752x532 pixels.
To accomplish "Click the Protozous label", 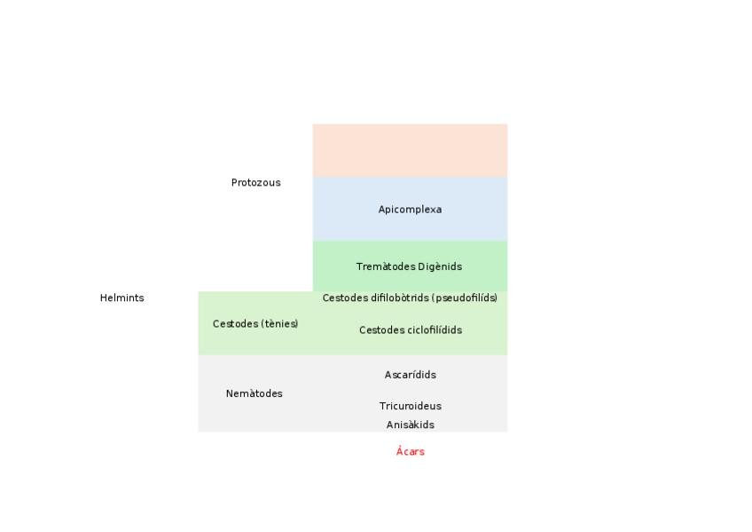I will pyautogui.click(x=255, y=183).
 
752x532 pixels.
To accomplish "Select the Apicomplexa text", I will pyautogui.click(x=410, y=210).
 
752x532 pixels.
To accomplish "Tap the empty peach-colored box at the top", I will pyautogui.click(x=410, y=150).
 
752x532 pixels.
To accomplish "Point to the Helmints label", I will pyautogui.click(x=121, y=298).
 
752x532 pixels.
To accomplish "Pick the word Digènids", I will pyautogui.click(x=440, y=266).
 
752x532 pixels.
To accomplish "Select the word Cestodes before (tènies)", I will pyautogui.click(x=233, y=324).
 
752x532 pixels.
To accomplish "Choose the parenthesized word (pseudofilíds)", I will pyautogui.click(x=465, y=298).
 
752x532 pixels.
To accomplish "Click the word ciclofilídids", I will pyautogui.click(x=434, y=330).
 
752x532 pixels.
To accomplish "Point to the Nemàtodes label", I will pyautogui.click(x=254, y=393).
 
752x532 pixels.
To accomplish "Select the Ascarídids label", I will pyautogui.click(x=410, y=375).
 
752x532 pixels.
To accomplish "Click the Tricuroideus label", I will pyautogui.click(x=410, y=407).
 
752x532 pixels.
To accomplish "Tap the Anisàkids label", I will pyautogui.click(x=410, y=425).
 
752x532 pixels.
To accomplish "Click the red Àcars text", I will pyautogui.click(x=410, y=452).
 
